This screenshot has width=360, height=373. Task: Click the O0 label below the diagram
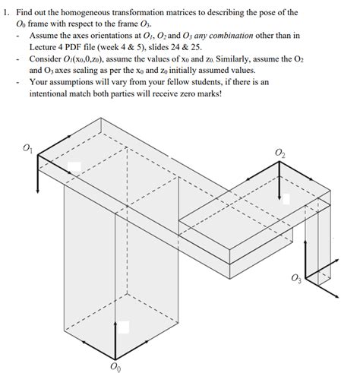[115, 368]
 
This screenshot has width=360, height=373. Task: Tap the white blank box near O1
[74, 168]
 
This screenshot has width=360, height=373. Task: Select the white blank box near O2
[285, 199]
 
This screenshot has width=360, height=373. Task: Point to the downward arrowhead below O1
[38, 189]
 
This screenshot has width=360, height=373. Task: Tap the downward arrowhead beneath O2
[279, 195]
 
